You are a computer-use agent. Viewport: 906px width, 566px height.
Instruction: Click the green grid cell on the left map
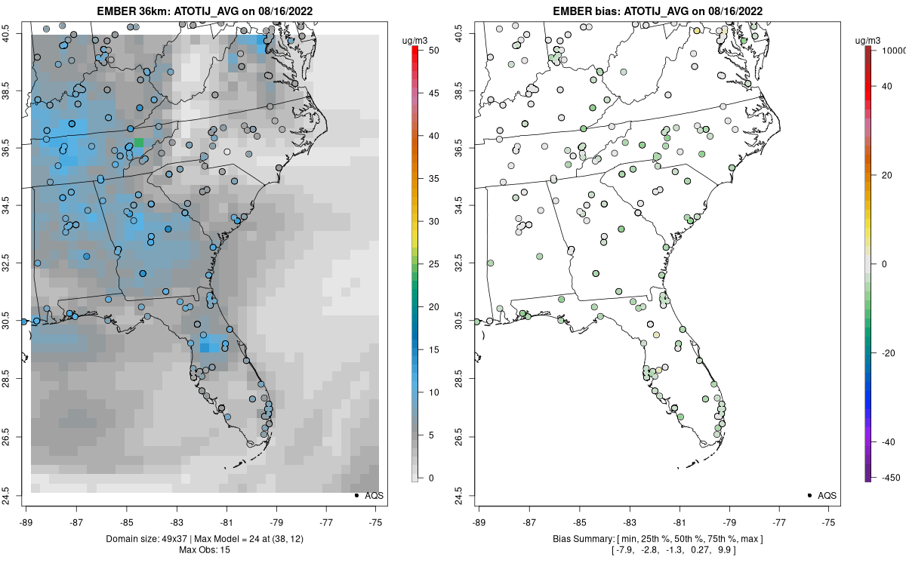point(138,142)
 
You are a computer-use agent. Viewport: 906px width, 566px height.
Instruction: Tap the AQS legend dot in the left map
point(356,495)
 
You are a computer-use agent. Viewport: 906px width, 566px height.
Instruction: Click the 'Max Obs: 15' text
point(204,549)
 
